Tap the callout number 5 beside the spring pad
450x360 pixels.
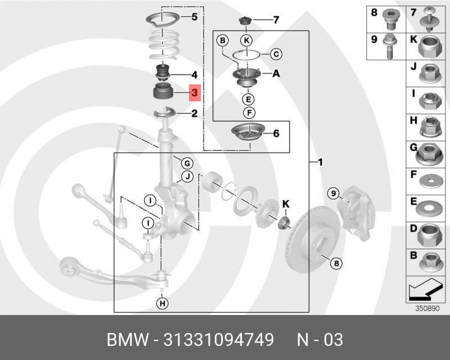pyautogui.click(x=194, y=17)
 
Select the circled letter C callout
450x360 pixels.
pyautogui.click(x=276, y=54)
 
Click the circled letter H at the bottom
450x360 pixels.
pyautogui.click(x=163, y=304)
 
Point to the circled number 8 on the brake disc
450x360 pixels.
pyautogui.click(x=336, y=263)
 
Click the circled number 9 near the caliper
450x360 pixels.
pyautogui.click(x=334, y=194)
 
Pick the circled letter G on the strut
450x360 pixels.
pyautogui.click(x=187, y=164)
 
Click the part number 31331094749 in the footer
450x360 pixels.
pyautogui.click(x=218, y=340)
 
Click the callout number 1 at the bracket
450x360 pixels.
pyautogui.click(x=319, y=163)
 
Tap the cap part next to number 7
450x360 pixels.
pyautogui.click(x=245, y=22)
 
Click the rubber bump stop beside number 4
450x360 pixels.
pyautogui.click(x=163, y=73)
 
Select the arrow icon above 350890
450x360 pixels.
pyautogui.click(x=425, y=291)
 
